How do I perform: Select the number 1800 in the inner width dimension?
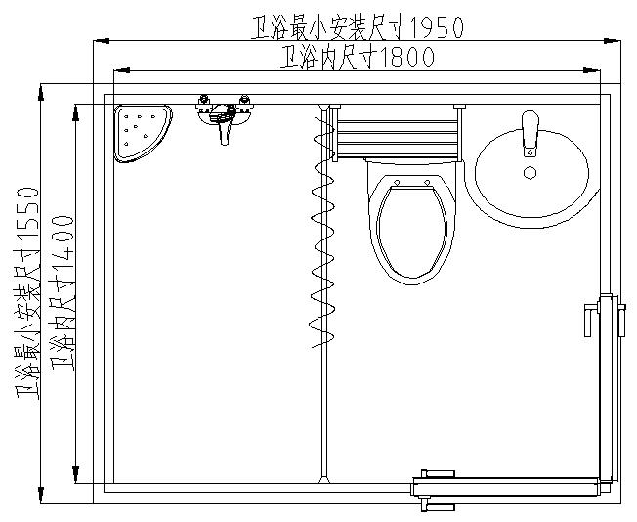tap(401, 59)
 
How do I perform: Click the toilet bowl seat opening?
tap(412, 231)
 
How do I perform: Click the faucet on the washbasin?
tap(530, 133)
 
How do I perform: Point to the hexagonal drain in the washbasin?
tap(530, 173)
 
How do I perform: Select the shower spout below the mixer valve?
tap(225, 133)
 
